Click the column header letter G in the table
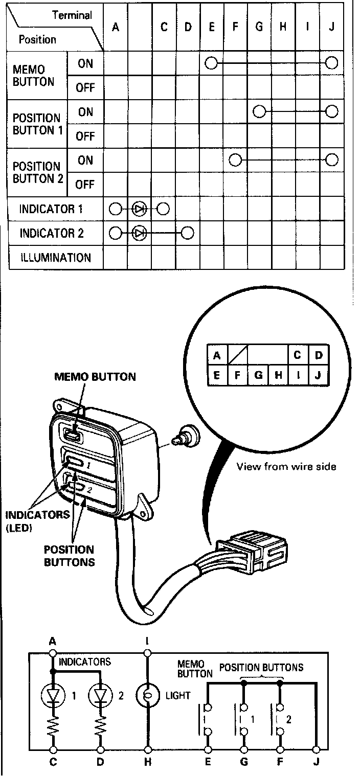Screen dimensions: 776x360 tap(259, 27)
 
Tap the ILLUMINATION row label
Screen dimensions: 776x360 tap(55, 258)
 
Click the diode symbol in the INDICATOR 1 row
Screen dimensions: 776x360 tap(139, 209)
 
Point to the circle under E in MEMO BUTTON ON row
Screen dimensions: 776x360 tap(211, 63)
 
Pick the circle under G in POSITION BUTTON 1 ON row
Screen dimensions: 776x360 tap(259, 111)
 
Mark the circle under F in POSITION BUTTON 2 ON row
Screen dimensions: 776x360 tap(235, 160)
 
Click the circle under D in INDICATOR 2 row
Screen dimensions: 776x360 tap(188, 233)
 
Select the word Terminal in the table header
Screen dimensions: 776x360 tap(72, 15)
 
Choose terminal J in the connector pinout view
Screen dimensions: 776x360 tap(318, 375)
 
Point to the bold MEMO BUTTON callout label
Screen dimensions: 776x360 tap(95, 377)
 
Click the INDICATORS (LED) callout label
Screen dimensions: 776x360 tap(37, 520)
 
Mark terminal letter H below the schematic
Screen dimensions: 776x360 tap(148, 762)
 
